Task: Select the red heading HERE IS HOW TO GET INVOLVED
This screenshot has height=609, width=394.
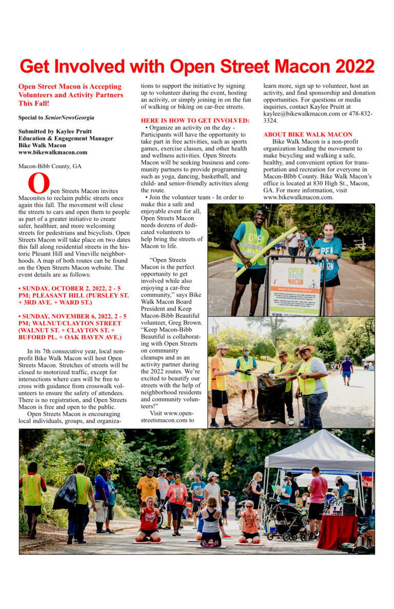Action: pyautogui.click(x=195, y=121)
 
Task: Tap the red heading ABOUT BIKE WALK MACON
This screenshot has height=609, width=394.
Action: pyautogui.click(x=308, y=134)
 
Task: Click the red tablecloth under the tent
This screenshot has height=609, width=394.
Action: pyautogui.click(x=337, y=531)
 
